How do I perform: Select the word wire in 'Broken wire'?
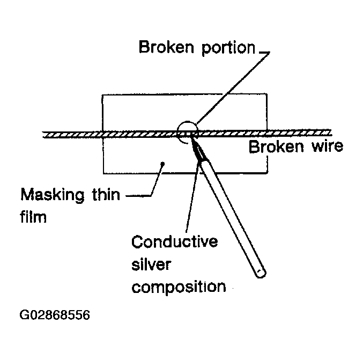click(323, 146)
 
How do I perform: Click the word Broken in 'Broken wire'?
click(275, 146)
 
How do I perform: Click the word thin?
click(107, 194)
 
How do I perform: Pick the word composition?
click(179, 287)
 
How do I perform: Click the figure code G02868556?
click(55, 314)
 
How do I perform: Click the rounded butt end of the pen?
click(260, 273)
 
